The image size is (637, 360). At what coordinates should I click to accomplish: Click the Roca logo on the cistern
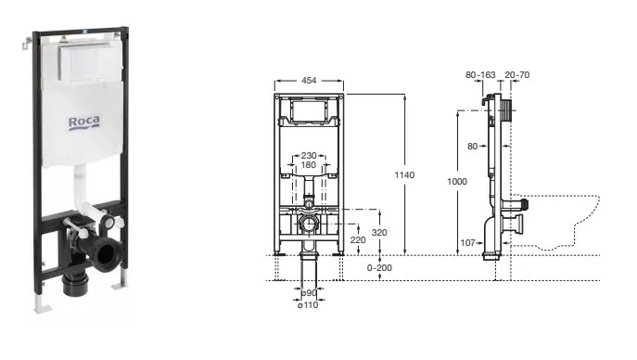83,122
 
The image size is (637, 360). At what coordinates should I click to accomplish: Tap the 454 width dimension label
309,81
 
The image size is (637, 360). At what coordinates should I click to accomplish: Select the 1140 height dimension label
404,175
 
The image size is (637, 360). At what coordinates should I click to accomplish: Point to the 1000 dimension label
457,182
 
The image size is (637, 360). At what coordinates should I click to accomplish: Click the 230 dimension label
309,156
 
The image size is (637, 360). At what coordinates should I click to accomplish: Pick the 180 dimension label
309,165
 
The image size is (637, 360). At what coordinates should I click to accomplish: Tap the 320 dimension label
379,232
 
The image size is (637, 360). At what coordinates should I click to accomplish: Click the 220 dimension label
358,240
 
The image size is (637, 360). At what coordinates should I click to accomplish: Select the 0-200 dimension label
379,268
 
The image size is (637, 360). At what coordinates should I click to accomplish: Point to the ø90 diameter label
309,293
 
